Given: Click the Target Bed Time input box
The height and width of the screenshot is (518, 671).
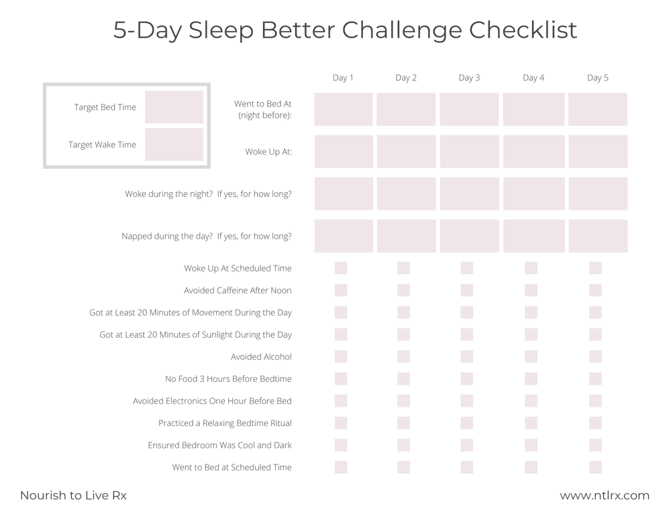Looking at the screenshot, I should pyautogui.click(x=174, y=107).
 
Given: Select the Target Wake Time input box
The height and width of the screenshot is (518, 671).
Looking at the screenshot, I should pyautogui.click(x=174, y=145).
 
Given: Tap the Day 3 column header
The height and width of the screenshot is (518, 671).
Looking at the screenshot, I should pyautogui.click(x=469, y=78).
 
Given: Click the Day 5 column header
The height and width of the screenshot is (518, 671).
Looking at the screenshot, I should pyautogui.click(x=597, y=78).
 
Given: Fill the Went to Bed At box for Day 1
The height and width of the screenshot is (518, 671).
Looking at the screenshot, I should pyautogui.click(x=344, y=109).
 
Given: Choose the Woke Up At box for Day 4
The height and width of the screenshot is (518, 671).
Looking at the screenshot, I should pyautogui.click(x=533, y=151).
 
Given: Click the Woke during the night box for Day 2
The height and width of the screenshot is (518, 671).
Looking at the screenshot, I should pyautogui.click(x=406, y=194).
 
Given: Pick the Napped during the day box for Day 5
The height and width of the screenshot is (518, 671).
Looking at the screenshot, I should pyautogui.click(x=597, y=236).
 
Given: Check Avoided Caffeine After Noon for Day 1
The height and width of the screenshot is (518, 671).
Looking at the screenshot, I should pyautogui.click(x=341, y=290).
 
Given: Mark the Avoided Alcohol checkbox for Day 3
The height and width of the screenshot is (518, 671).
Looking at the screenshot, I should pyautogui.click(x=467, y=357).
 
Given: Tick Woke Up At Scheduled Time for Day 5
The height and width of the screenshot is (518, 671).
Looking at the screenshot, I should pyautogui.click(x=595, y=268).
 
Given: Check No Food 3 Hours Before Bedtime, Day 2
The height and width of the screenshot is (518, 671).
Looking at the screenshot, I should pyautogui.click(x=403, y=379).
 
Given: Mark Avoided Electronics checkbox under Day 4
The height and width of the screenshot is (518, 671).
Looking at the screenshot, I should pyautogui.click(x=531, y=401).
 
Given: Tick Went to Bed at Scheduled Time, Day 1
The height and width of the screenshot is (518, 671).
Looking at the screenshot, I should pyautogui.click(x=341, y=467).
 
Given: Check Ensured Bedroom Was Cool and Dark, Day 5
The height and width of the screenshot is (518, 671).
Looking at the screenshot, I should pyautogui.click(x=595, y=445).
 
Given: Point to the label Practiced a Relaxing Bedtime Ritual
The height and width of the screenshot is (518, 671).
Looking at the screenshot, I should pyautogui.click(x=225, y=424).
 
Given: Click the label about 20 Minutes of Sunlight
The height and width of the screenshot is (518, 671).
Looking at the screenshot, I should pyautogui.click(x=195, y=334).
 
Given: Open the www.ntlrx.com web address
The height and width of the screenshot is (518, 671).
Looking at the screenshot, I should pyautogui.click(x=605, y=496).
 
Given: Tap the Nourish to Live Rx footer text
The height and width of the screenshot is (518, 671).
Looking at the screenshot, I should pyautogui.click(x=73, y=496).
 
